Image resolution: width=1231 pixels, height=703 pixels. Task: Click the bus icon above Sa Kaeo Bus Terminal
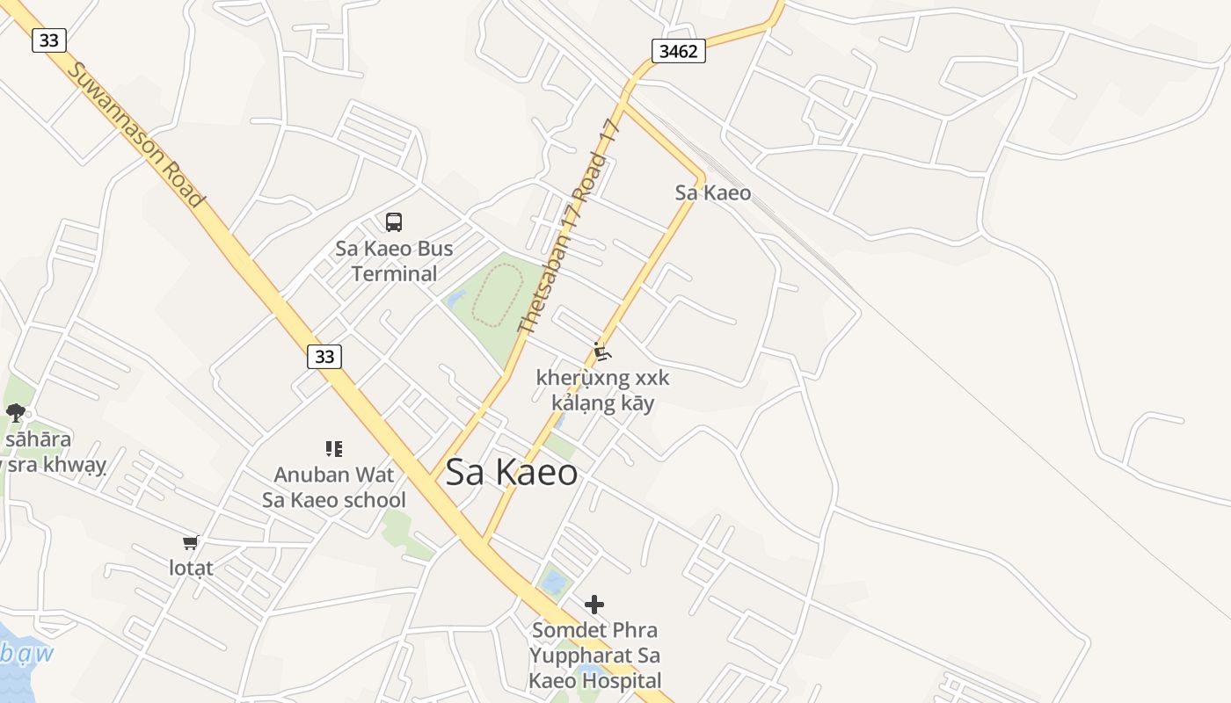point(394,222)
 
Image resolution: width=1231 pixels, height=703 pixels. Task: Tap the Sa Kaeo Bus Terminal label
point(394,261)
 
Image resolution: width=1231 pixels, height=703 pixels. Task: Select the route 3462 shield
point(678,51)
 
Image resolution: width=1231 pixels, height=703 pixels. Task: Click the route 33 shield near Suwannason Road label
point(49,40)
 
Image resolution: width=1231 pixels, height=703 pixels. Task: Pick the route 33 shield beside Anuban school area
point(324,356)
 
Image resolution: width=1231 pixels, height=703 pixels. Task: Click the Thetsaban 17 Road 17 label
point(571,227)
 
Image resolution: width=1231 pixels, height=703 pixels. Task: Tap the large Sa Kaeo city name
point(511,473)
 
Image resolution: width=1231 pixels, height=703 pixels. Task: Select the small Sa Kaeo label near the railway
point(712,192)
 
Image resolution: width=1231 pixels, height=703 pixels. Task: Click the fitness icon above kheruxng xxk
point(601,352)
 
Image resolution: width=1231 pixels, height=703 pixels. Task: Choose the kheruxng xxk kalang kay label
point(602,390)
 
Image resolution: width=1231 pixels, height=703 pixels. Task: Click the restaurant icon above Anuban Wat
point(333,449)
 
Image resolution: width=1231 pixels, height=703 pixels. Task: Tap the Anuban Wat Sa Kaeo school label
point(334,488)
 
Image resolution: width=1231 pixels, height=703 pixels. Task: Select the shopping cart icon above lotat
point(191,543)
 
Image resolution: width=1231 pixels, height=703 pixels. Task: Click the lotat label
point(191,568)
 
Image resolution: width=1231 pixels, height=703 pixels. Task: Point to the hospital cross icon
point(594,604)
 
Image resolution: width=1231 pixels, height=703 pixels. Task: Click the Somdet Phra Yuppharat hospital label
point(594,655)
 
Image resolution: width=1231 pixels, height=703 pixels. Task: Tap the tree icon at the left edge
point(15,413)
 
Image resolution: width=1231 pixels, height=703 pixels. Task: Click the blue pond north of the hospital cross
point(554,581)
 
